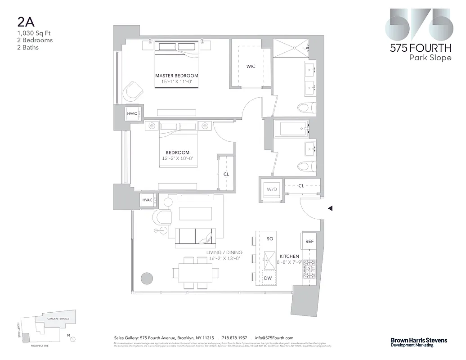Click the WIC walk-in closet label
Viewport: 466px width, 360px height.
(251, 66)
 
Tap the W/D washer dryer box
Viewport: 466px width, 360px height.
(272, 189)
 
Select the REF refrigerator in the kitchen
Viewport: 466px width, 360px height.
(309, 242)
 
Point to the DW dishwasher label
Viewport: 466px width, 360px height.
(268, 278)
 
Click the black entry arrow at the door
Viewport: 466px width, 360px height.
(330, 208)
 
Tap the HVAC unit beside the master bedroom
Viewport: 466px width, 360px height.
(132, 113)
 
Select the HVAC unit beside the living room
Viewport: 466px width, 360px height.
(147, 200)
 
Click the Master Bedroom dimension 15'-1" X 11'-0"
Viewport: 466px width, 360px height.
(176, 82)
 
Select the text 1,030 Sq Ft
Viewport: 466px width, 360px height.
(29, 33)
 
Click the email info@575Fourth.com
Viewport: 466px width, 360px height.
(274, 338)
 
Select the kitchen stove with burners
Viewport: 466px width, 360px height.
(309, 270)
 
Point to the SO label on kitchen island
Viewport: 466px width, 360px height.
(270, 238)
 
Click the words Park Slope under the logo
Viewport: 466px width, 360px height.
(430, 58)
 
